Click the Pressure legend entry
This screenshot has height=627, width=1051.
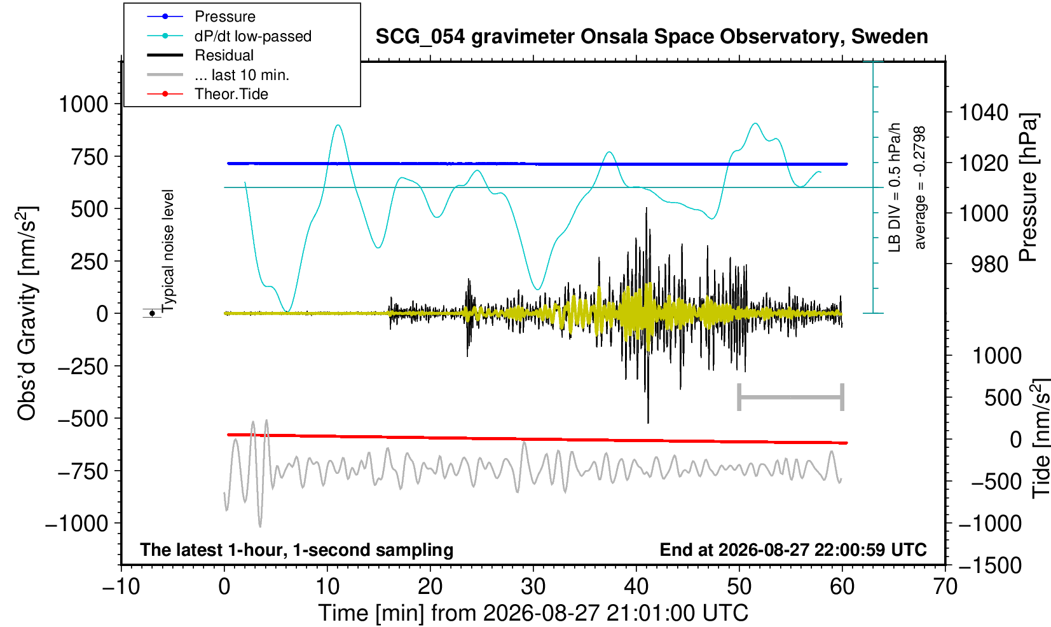point(202,17)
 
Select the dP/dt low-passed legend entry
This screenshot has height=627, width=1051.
point(229,36)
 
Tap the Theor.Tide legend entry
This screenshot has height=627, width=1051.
point(207,94)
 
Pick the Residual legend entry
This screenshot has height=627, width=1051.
point(200,55)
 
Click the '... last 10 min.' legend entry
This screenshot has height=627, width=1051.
point(218,75)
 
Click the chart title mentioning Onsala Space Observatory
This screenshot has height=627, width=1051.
point(652,37)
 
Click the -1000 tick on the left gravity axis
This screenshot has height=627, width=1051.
point(77,523)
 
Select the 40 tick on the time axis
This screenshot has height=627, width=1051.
point(636,587)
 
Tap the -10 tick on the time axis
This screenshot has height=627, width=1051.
point(121,587)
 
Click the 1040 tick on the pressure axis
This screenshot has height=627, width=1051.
point(984,112)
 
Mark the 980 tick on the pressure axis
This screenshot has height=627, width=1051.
point(989,264)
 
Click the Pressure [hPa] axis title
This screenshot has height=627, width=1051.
point(1028,187)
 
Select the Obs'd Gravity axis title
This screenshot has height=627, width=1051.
point(27,313)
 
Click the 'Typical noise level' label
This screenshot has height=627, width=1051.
point(167,251)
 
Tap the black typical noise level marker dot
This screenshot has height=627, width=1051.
point(152,313)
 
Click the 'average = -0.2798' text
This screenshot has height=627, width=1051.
point(919,187)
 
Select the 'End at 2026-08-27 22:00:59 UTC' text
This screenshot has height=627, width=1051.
point(793,549)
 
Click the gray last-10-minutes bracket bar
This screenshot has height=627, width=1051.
point(791,397)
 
